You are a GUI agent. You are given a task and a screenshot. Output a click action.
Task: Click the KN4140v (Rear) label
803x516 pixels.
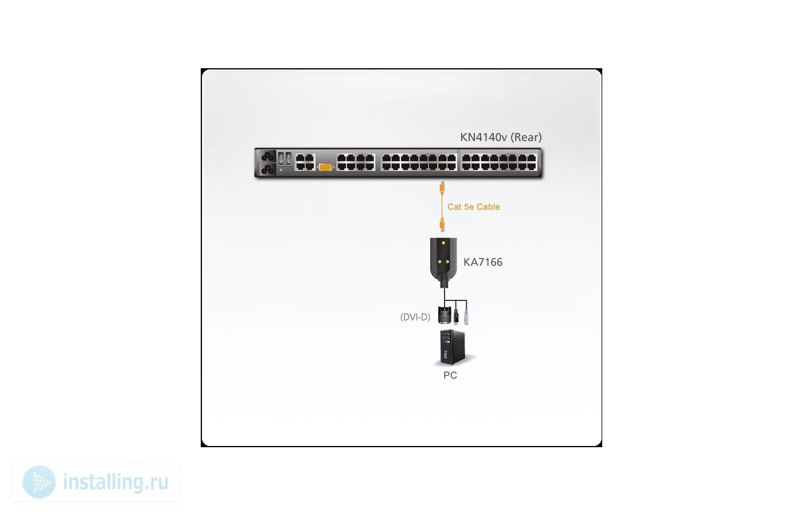pyautogui.click(x=501, y=137)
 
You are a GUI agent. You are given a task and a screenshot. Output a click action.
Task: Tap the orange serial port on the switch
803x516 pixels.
pyautogui.click(x=325, y=167)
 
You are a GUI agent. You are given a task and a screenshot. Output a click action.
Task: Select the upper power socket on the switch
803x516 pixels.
pyautogui.click(x=268, y=157)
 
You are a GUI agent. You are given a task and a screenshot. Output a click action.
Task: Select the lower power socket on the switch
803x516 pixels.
pyautogui.click(x=268, y=169)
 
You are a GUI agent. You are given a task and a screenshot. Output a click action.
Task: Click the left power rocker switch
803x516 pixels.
pyautogui.click(x=282, y=159)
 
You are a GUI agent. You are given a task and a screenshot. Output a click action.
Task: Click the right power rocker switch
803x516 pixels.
pyautogui.click(x=289, y=159)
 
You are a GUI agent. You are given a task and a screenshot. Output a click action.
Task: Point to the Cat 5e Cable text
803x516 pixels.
pyautogui.click(x=474, y=207)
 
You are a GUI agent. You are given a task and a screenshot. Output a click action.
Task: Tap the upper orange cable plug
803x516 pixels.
pyautogui.click(x=442, y=188)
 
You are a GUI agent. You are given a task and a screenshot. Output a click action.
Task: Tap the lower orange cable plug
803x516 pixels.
pyautogui.click(x=442, y=225)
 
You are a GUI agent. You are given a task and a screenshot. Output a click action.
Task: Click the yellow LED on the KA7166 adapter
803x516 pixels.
pyautogui.click(x=443, y=243)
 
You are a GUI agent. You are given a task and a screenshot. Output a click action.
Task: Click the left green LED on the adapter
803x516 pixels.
pyautogui.click(x=439, y=262)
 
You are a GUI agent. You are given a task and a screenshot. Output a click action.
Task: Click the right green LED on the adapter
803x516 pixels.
pyautogui.click(x=447, y=262)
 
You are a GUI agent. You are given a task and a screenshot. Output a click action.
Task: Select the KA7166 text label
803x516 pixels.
pyautogui.click(x=483, y=263)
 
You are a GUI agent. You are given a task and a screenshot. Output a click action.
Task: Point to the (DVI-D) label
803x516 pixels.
pyautogui.click(x=415, y=317)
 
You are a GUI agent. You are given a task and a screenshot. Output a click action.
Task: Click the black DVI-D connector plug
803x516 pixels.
pyautogui.click(x=445, y=315)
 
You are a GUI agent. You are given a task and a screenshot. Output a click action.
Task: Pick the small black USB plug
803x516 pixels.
pyautogui.click(x=456, y=316)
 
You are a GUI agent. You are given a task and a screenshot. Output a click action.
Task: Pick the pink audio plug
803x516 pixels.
pyautogui.click(x=466, y=316)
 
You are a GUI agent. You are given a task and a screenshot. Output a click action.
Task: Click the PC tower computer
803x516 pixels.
pyautogui.click(x=453, y=347)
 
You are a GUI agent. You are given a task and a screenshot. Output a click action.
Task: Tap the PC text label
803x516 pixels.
pyautogui.click(x=450, y=375)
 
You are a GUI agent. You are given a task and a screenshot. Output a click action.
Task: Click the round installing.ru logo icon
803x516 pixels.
pyautogui.click(x=39, y=482)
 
